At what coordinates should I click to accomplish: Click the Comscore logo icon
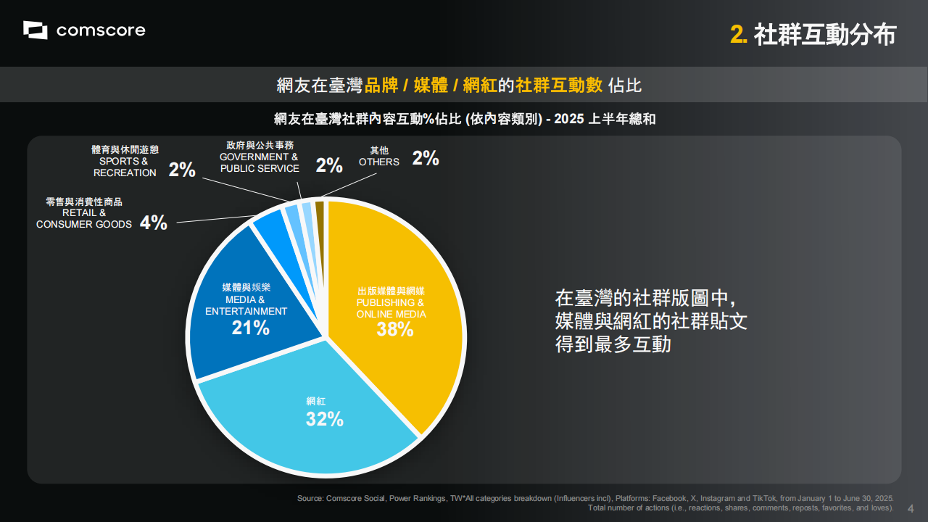pos(35,30)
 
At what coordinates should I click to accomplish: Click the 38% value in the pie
pos(394,329)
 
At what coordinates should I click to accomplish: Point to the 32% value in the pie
pos(324,418)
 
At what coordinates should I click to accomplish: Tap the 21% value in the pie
pos(250,328)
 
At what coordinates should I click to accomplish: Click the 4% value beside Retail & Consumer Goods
pos(154,223)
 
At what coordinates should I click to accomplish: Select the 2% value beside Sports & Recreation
pos(182,170)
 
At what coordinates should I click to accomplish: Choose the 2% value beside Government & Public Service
pos(329,165)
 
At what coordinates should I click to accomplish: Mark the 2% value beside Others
pos(426,159)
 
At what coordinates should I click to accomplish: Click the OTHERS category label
pos(378,162)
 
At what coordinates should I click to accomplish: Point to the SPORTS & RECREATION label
pos(125,167)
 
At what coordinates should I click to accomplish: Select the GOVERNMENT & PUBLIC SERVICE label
pos(259,162)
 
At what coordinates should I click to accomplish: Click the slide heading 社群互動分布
pos(825,35)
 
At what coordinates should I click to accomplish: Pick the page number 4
pos(911,507)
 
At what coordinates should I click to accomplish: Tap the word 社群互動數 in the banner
pos(559,86)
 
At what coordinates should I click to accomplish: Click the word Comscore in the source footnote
pos(345,499)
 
